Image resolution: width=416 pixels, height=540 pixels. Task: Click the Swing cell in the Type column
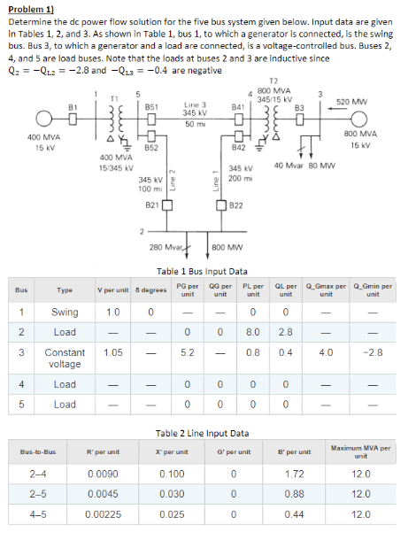click(65, 312)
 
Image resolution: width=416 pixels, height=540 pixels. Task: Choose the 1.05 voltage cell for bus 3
click(112, 351)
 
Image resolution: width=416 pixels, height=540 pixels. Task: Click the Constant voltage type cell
click(65, 358)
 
